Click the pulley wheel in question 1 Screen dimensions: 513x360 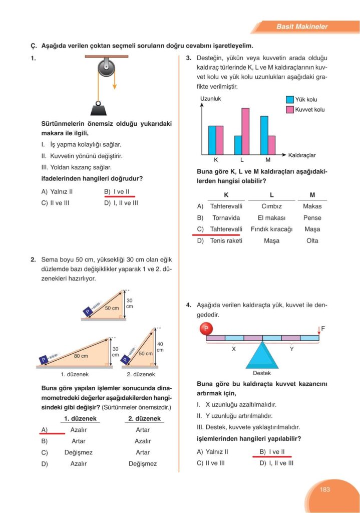pos(106,67)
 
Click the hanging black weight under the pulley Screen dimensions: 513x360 pos(98,109)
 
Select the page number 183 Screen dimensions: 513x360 pos(325,489)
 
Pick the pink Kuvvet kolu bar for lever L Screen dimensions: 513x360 pos(245,131)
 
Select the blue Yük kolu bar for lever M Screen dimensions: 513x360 pos(264,135)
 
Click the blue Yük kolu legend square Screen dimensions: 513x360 pos(289,100)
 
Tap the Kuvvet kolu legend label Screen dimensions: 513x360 pos(310,109)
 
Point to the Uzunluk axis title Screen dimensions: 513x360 pos(210,99)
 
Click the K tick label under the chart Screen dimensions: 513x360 pos(216,160)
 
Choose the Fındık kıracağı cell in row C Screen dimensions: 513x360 pos(271,229)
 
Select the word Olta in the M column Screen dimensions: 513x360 pos(312,240)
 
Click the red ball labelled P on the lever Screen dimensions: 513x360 pos(205,329)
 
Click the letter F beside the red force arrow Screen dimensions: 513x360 pos(323,329)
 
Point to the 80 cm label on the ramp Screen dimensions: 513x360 pos(81,356)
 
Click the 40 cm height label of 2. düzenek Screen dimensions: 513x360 pos(160,347)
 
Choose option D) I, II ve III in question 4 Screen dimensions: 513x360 pos(276,463)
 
